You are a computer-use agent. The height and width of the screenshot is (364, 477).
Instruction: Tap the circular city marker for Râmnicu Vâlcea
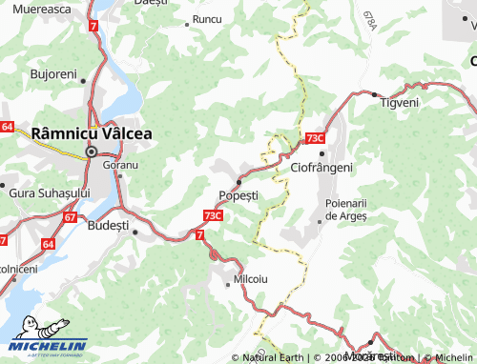[x=92, y=152]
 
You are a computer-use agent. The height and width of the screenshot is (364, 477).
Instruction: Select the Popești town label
[x=238, y=195]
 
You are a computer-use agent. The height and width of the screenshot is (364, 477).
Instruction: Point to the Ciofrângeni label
[x=321, y=167]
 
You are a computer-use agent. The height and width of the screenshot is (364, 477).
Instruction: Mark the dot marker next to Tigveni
[x=374, y=94]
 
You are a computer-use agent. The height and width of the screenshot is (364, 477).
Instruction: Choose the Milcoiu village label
[x=250, y=280]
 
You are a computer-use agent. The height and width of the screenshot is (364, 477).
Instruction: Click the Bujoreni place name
[x=53, y=73]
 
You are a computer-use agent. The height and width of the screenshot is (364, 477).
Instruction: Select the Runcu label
[x=206, y=19]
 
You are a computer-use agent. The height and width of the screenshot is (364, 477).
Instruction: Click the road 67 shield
[x=70, y=217]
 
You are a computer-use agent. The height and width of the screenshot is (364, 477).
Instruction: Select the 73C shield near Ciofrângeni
[x=316, y=139]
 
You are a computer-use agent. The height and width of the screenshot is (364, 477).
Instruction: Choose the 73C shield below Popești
[x=214, y=215]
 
